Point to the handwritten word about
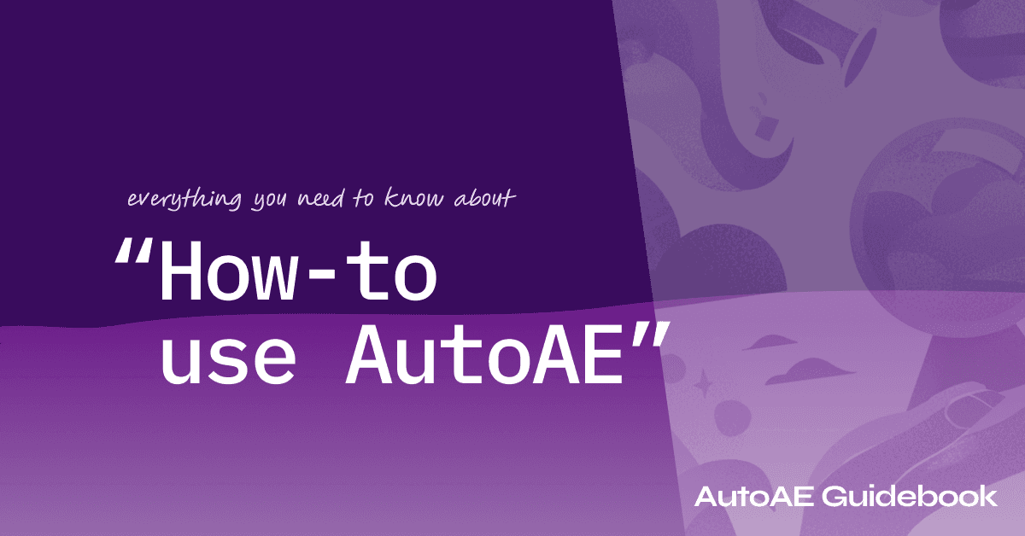tap(489, 199)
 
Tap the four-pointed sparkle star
tap(703, 386)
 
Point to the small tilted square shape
tap(766, 128)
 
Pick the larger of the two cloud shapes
tap(817, 369)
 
